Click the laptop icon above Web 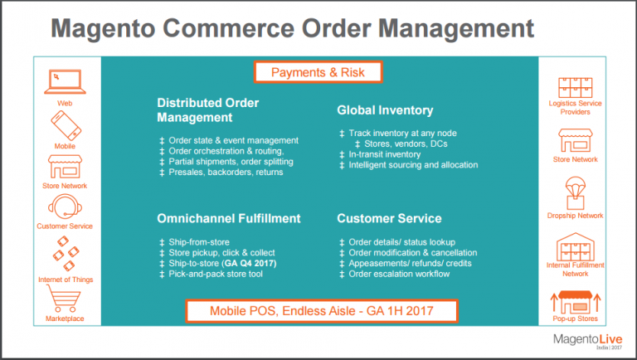pyautogui.click(x=64, y=82)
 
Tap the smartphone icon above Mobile pyautogui.click(x=64, y=125)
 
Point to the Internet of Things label pyautogui.click(x=64, y=279)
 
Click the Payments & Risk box pyautogui.click(x=318, y=72)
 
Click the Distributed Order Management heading pyautogui.click(x=208, y=110)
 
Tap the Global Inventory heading pyautogui.click(x=385, y=109)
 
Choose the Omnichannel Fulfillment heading pyautogui.click(x=229, y=219)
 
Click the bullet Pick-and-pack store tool pyautogui.click(x=216, y=274)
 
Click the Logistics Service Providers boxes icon pyautogui.click(x=575, y=86)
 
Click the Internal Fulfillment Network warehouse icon pyautogui.click(x=575, y=246)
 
